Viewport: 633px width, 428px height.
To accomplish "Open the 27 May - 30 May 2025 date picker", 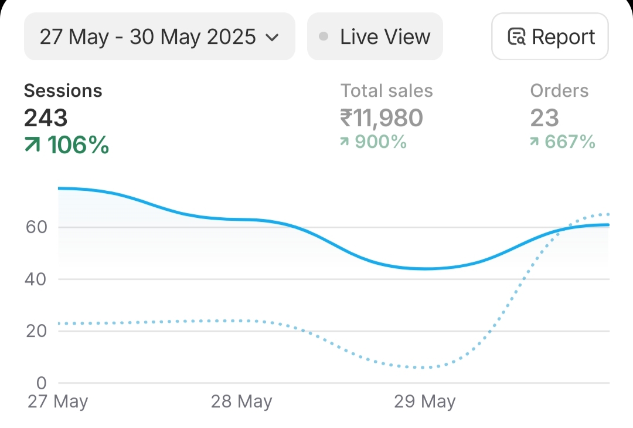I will pos(158,37).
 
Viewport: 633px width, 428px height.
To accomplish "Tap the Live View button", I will pos(375,37).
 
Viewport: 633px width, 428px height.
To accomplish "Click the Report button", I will pos(550,37).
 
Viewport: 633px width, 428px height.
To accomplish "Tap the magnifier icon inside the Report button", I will pos(516,37).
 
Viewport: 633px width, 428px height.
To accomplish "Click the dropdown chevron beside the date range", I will pos(272,38).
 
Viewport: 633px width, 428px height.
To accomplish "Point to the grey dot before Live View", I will pos(324,37).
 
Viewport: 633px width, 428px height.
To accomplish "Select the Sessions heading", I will pos(63,91).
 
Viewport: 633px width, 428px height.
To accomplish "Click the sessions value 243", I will pos(46,118).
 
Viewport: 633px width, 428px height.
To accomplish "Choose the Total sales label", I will pos(387,91).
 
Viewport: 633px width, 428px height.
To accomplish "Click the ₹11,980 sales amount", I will pos(381,118).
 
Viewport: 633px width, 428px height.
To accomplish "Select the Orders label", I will pos(559,91).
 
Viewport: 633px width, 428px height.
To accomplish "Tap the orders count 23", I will pos(544,118).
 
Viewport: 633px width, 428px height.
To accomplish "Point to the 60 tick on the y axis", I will pos(36,227).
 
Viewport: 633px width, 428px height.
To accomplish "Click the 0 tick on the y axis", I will pos(41,383).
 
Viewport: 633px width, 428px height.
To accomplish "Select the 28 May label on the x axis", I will pos(241,402).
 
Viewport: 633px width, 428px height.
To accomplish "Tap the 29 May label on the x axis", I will pos(425,402).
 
